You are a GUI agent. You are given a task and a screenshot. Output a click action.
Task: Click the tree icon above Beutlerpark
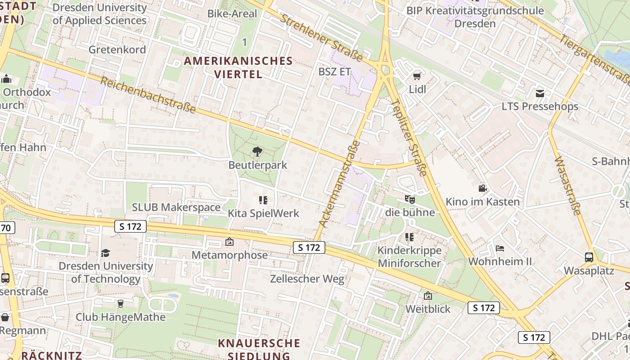[257, 152]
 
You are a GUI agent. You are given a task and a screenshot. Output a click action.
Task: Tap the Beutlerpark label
[257, 165]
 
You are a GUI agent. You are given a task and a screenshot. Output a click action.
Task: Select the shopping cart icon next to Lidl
[417, 76]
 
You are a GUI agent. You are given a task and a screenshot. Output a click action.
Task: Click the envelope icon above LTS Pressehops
[540, 94]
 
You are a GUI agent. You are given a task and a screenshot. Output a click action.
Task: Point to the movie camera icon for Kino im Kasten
[482, 188]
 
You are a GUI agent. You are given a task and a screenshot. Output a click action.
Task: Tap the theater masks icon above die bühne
[409, 198]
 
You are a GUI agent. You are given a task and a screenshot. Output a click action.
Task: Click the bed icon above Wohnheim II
[500, 248]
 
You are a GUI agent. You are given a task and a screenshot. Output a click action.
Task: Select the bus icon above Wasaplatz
[589, 257]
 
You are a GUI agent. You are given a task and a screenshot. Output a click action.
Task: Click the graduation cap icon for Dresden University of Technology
[105, 253]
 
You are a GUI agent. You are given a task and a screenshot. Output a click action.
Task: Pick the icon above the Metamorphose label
[229, 242]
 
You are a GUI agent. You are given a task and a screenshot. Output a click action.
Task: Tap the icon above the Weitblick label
[427, 296]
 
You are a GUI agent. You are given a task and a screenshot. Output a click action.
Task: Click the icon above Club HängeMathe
[120, 304]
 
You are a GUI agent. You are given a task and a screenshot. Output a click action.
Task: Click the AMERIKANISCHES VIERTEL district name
[238, 67]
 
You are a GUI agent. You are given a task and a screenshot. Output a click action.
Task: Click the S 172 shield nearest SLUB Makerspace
[130, 226]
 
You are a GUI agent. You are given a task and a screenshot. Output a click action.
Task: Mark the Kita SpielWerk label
[263, 213]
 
